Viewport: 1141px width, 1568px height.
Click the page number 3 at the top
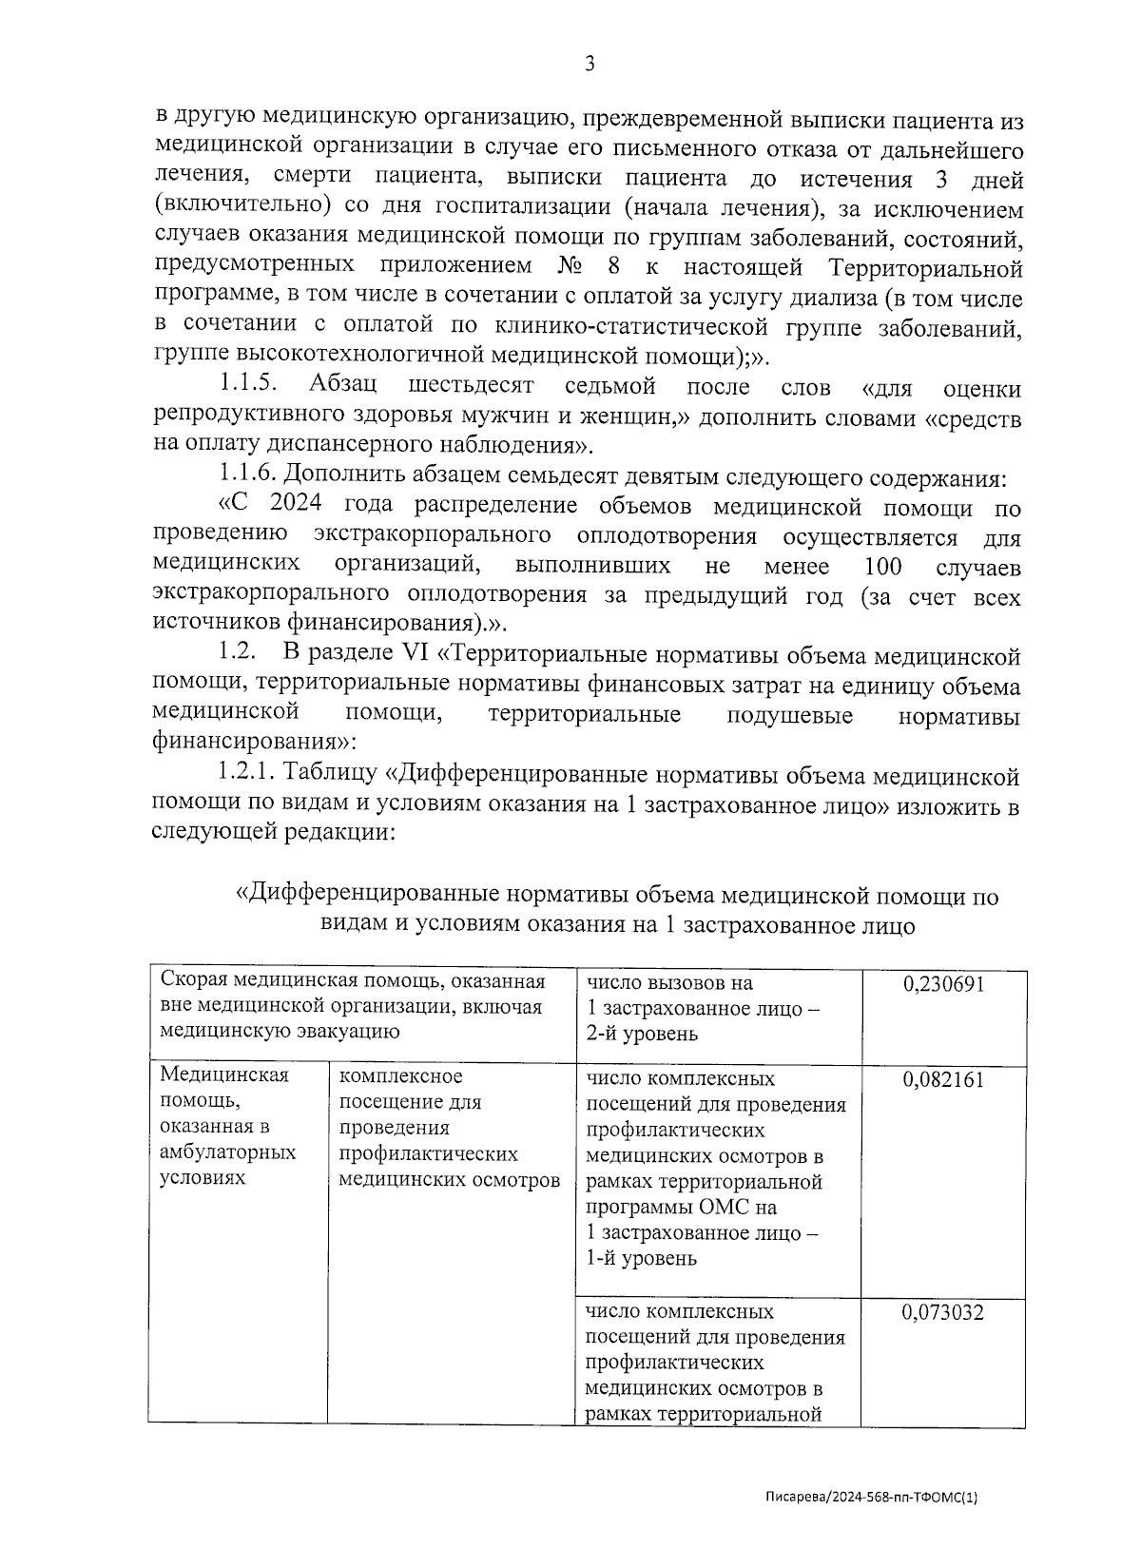point(589,64)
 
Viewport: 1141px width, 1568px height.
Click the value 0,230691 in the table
point(943,984)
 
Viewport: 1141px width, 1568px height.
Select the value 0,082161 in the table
point(943,1079)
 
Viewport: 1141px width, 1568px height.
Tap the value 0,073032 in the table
point(943,1313)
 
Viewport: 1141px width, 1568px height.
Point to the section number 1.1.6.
point(249,474)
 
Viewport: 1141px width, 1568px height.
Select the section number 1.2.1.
point(249,776)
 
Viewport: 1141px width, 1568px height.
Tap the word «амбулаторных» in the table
point(228,1152)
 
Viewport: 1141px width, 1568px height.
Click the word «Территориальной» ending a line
point(926,267)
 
